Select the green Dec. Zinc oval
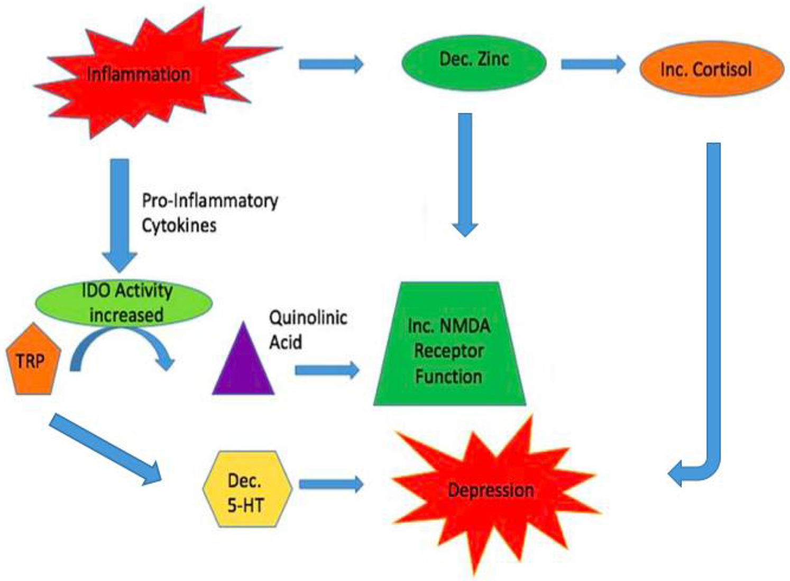(x=474, y=61)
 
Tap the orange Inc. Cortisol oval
(x=711, y=69)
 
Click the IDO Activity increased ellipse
(x=124, y=303)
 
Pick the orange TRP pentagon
(x=31, y=361)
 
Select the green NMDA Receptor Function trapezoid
(x=449, y=349)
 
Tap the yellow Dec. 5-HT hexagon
(x=247, y=489)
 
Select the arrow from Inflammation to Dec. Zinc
(x=330, y=64)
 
